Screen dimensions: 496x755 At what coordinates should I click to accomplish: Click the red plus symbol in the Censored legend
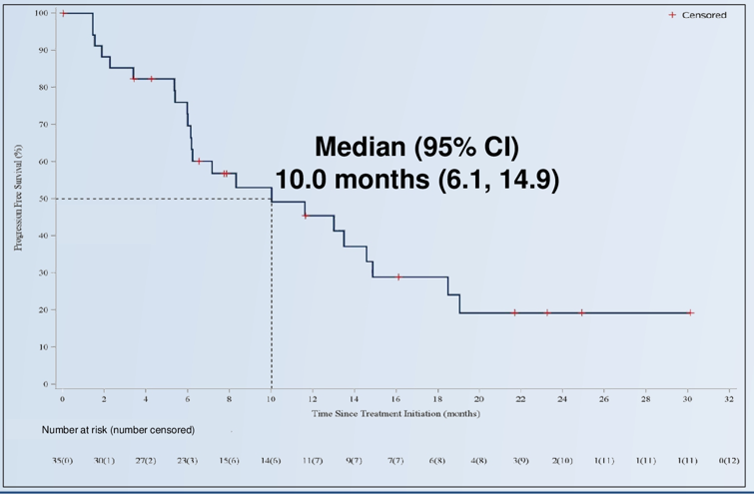(672, 15)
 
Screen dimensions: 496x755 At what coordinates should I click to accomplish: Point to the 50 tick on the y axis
(45, 199)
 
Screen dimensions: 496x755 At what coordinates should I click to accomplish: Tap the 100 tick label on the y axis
(41, 13)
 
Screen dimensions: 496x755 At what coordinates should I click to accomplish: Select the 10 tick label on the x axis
(271, 399)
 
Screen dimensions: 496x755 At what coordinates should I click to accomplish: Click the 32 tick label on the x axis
(730, 399)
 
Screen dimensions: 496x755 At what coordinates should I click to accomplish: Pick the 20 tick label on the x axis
(479, 399)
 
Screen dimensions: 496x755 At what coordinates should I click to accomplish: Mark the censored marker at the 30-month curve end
(690, 312)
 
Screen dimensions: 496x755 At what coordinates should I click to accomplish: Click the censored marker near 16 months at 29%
(398, 276)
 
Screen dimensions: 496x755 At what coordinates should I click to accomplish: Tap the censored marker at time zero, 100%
(63, 13)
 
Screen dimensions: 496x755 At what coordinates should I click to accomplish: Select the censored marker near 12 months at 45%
(306, 216)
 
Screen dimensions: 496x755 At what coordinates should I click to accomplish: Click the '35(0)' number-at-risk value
(62, 461)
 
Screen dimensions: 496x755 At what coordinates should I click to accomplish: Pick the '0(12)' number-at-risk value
(730, 461)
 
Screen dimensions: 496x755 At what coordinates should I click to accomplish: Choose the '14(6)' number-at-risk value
(271, 461)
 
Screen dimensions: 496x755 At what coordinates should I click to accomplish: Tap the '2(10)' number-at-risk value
(562, 461)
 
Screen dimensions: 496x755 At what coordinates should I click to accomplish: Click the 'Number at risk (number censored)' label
(118, 430)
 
